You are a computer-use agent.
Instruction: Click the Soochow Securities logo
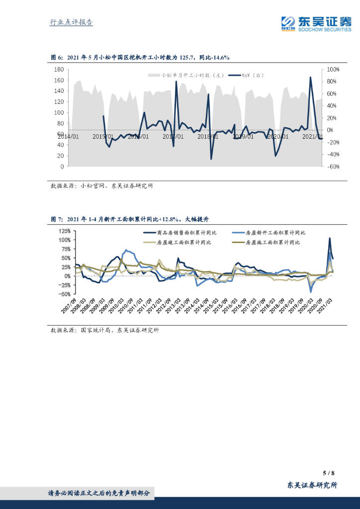coord(316,23)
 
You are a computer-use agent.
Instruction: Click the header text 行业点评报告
coord(72,22)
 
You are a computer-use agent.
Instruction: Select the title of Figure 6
coord(140,58)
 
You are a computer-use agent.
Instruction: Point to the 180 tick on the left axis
coord(59,70)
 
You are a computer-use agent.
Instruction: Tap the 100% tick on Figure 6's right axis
coord(333,70)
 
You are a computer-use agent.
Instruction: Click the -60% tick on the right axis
coord(333,167)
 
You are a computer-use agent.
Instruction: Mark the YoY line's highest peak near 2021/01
coord(311,77)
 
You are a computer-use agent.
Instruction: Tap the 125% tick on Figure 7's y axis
coord(65,231)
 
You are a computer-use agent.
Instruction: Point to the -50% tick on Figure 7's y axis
coord(65,294)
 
